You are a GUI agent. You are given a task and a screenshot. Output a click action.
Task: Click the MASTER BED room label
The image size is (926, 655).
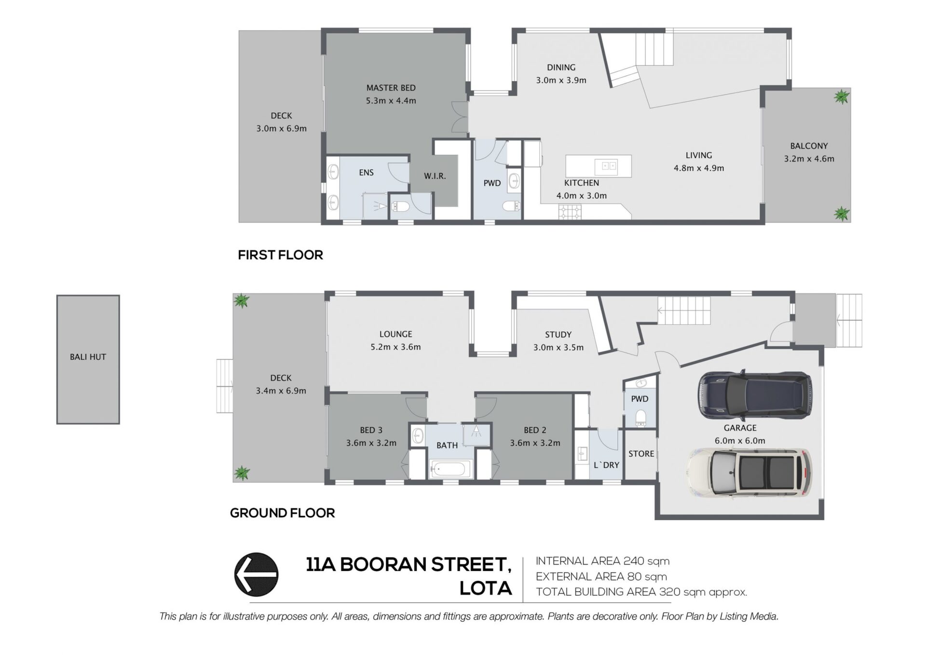point(391,88)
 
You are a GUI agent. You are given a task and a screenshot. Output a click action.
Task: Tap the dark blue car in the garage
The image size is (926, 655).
point(755,394)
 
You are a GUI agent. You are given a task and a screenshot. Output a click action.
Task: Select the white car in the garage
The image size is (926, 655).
point(749,473)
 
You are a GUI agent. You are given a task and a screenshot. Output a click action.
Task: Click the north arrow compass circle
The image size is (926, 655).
point(256,574)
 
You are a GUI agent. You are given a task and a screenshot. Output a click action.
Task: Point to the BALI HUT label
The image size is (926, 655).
point(88,357)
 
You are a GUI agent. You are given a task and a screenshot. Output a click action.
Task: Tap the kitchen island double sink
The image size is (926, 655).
point(606,166)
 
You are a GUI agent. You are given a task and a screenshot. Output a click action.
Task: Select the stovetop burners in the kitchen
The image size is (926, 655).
point(570,212)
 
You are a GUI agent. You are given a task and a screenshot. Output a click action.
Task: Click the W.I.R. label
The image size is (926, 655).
point(435,176)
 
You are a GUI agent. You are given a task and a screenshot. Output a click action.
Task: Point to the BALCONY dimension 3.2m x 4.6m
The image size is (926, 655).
point(809,159)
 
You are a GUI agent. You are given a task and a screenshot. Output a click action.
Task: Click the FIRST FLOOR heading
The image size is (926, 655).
point(280,255)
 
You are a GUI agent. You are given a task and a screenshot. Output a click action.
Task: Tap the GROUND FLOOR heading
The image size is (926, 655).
point(282,513)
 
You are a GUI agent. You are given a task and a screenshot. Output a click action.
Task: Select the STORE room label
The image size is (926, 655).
point(641,453)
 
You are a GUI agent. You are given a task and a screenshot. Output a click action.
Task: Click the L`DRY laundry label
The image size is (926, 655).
point(606,465)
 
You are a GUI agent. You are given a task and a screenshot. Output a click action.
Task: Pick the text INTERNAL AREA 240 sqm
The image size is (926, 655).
point(602,561)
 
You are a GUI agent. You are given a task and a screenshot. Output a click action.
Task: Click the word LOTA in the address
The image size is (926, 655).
point(486,588)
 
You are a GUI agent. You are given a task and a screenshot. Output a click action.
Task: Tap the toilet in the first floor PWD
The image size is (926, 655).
point(511,207)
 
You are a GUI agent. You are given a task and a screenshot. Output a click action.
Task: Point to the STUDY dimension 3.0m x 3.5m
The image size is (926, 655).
point(558,347)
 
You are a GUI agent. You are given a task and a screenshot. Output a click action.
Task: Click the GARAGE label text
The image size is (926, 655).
point(740,428)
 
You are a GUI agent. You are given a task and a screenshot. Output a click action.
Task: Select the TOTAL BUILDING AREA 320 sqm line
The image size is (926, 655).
point(641,592)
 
